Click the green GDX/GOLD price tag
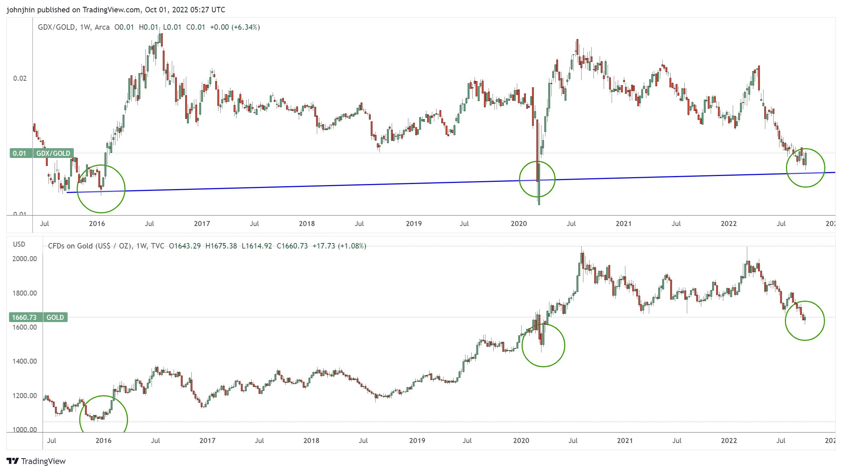(41, 153)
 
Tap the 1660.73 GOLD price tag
(38, 317)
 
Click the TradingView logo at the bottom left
(36, 461)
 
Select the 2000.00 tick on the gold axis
(25, 259)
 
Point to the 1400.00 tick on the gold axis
(25, 361)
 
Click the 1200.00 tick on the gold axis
(25, 396)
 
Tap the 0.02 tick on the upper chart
(20, 78)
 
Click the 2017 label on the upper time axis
(202, 224)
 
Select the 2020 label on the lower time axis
(521, 440)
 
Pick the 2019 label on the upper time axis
(414, 224)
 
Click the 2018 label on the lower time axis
(311, 440)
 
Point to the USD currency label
(19, 244)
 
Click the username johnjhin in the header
(21, 10)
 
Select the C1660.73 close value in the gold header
(292, 246)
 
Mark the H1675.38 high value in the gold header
(221, 246)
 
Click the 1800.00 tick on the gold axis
(25, 293)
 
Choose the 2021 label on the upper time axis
(624, 224)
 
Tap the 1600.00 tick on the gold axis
(25, 327)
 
